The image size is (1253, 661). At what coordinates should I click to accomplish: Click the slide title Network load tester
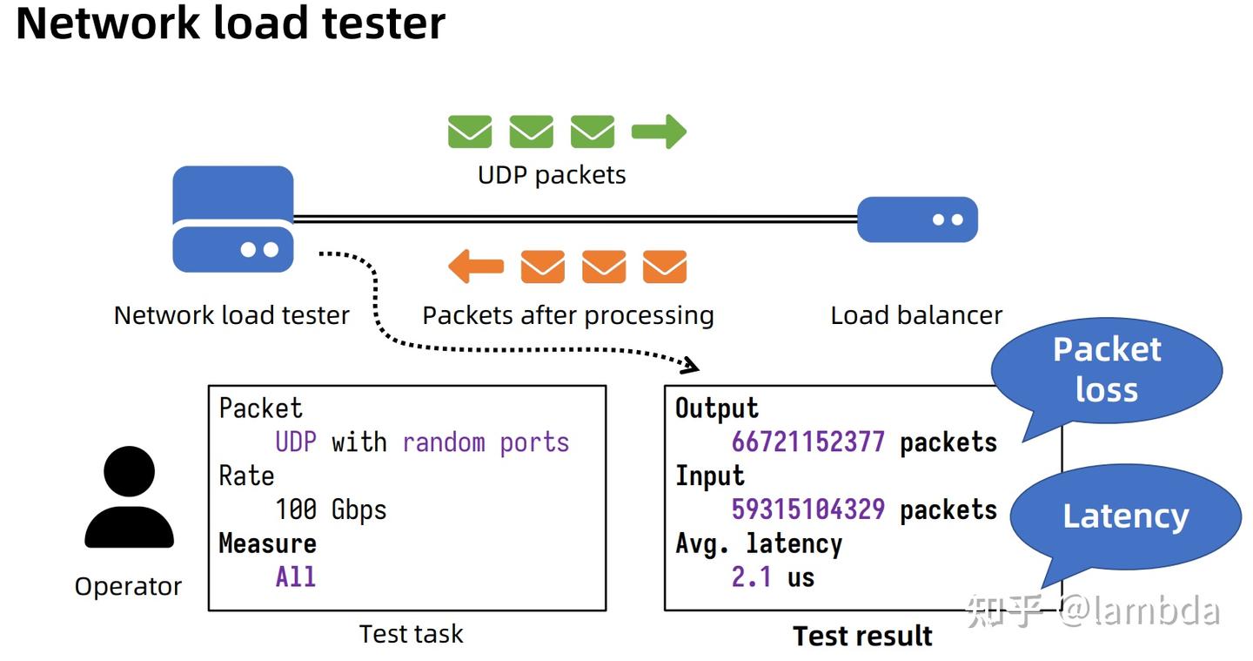[x=231, y=24]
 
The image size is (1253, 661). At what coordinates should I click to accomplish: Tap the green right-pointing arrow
[x=659, y=132]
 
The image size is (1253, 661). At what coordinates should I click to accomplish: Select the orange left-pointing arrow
[x=476, y=266]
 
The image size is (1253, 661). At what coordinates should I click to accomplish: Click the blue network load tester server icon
[x=232, y=219]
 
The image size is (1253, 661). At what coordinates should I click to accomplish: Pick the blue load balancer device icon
[x=917, y=219]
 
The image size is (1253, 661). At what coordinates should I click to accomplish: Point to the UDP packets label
[x=552, y=175]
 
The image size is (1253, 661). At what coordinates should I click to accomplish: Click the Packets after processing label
[x=567, y=315]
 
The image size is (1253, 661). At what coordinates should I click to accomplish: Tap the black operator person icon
[x=129, y=497]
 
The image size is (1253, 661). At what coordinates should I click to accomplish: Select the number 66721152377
[x=807, y=442]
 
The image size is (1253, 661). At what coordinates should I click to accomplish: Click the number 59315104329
[x=807, y=509]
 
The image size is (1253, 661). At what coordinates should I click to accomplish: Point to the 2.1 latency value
[x=751, y=577]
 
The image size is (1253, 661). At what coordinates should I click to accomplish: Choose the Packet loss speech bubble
[x=1107, y=370]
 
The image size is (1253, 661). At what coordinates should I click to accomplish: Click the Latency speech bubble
[x=1125, y=516]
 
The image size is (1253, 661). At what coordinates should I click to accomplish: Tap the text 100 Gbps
[x=331, y=509]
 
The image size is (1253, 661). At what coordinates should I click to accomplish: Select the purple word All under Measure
[x=295, y=577]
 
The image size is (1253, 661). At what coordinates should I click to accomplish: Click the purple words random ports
[x=485, y=442]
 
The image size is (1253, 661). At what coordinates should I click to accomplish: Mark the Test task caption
[x=411, y=634]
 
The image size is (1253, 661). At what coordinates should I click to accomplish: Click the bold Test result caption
[x=862, y=636]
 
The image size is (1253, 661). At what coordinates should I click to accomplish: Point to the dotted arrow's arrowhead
[x=691, y=364]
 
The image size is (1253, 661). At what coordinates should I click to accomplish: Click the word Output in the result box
[x=717, y=408]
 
